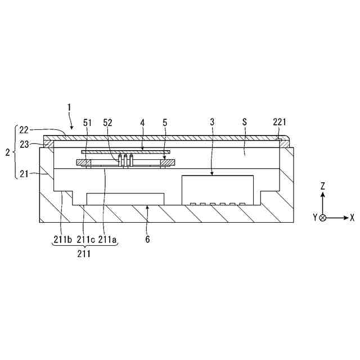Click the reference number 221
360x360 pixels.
280,122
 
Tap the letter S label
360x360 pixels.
245,122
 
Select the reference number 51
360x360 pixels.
87,123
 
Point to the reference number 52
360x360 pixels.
107,123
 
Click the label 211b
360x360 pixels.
62,240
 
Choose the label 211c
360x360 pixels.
85,240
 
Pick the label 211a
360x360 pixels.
107,240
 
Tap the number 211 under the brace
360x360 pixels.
84,254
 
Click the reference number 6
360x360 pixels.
147,240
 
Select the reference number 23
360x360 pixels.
24,145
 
